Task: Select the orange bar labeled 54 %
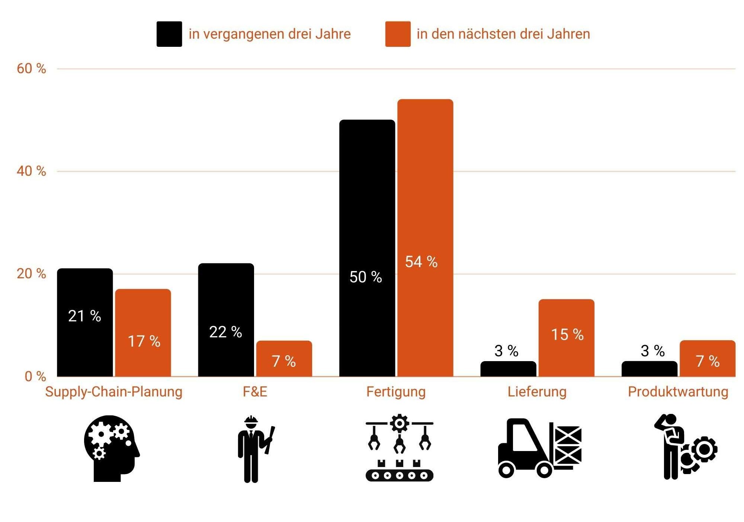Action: pyautogui.click(x=425, y=238)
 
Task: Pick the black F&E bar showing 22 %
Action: pyautogui.click(x=226, y=320)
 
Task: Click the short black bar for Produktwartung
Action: pyautogui.click(x=649, y=369)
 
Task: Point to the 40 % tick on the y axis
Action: pyautogui.click(x=31, y=171)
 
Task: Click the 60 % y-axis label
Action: pyautogui.click(x=31, y=69)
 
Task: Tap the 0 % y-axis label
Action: pyautogui.click(x=35, y=376)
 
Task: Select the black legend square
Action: pyautogui.click(x=169, y=34)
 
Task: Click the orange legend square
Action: pyautogui.click(x=398, y=34)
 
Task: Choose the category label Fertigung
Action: pyautogui.click(x=396, y=392)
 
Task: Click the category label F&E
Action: pyautogui.click(x=255, y=392)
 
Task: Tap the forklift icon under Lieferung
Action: pyautogui.click(x=539, y=448)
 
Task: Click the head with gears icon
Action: pyautogui.click(x=111, y=448)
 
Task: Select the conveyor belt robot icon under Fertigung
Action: pyautogui.click(x=399, y=448)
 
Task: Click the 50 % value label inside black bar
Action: pyautogui.click(x=366, y=277)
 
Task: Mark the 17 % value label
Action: pyautogui.click(x=144, y=341)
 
